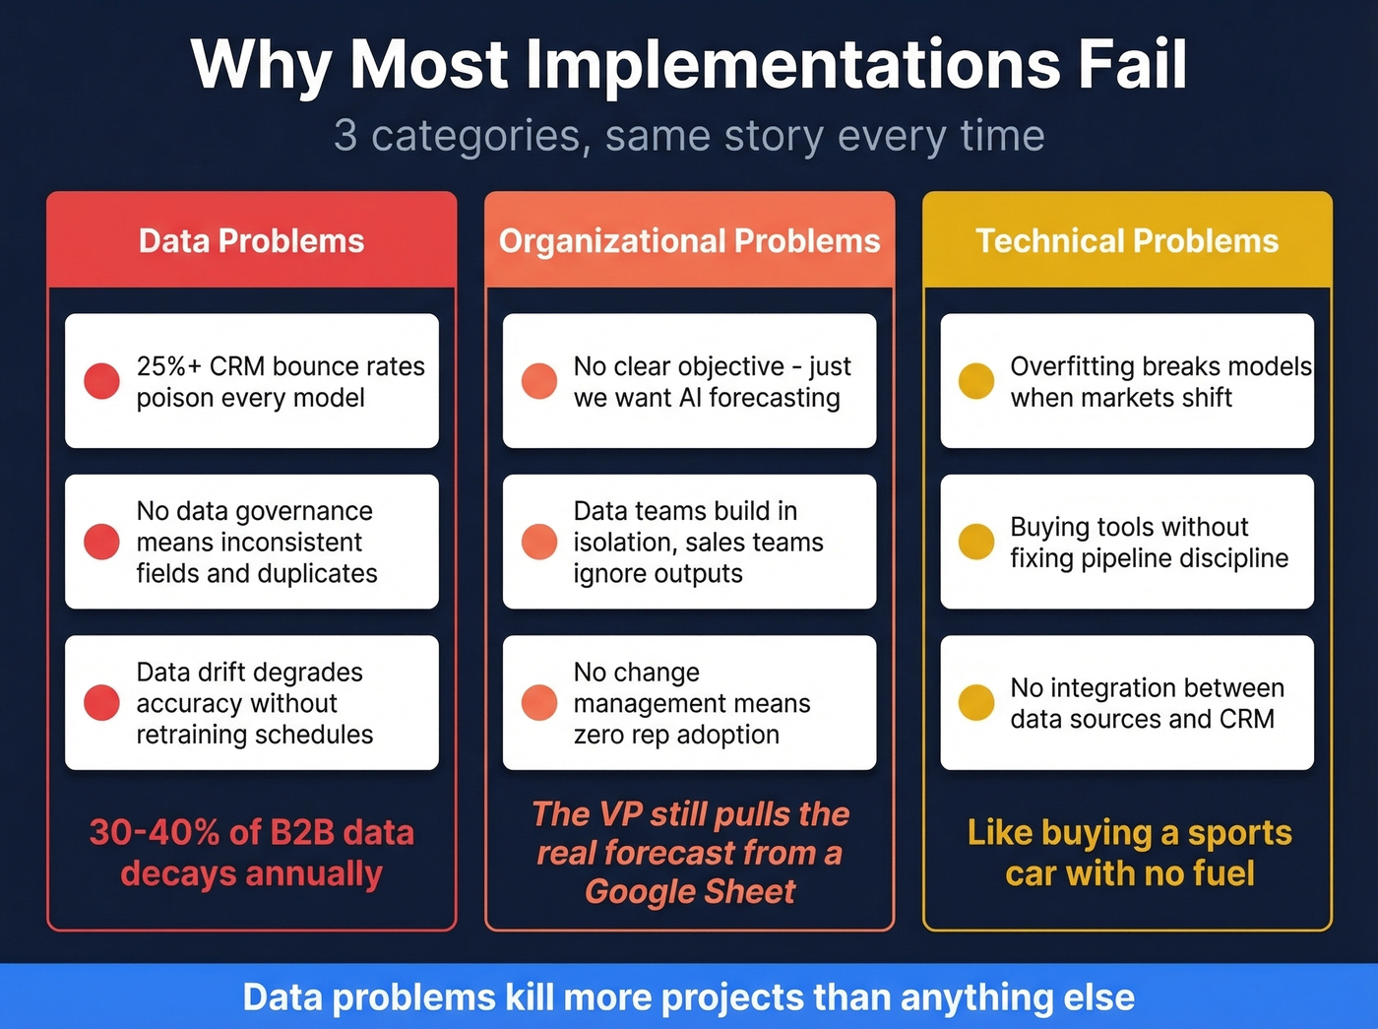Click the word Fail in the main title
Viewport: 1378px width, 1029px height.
tap(1132, 65)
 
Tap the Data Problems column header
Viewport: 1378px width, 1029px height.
tap(252, 241)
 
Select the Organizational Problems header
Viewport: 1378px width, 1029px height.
tap(689, 241)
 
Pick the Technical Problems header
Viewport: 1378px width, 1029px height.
tap(1127, 241)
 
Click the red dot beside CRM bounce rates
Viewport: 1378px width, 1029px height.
tap(101, 381)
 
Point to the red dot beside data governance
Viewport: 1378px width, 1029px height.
tap(101, 542)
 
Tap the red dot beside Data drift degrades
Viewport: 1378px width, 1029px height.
tap(101, 703)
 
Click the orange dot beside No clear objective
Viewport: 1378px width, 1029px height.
tap(539, 381)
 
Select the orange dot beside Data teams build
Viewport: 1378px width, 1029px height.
tap(539, 542)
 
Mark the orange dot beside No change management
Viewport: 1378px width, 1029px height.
tap(539, 703)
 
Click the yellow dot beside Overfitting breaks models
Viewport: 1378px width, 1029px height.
tap(976, 381)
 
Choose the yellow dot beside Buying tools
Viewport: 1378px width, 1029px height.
tap(976, 542)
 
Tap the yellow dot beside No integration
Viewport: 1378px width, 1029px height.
tap(976, 703)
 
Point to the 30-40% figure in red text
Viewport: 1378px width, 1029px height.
tap(154, 833)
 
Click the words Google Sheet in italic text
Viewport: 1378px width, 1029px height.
tap(690, 891)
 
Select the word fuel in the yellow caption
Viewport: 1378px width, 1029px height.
tap(1223, 873)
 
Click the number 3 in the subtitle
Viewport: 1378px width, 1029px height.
tap(345, 136)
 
